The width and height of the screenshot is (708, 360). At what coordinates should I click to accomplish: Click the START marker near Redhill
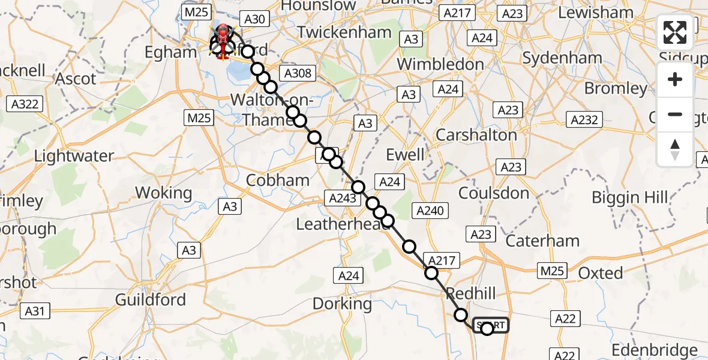click(491, 326)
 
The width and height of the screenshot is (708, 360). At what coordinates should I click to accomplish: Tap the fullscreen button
click(675, 32)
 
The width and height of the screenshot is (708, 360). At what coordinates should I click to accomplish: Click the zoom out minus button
click(675, 114)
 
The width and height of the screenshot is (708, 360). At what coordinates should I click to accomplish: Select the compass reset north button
click(675, 149)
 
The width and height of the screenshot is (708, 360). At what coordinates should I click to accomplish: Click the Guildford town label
click(151, 299)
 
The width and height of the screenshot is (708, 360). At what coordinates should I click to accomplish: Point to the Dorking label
click(342, 304)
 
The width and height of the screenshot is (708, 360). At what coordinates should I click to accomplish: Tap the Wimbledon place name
click(440, 64)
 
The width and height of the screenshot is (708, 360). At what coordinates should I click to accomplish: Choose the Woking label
click(163, 193)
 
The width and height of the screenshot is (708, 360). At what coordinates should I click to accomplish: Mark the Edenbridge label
click(655, 350)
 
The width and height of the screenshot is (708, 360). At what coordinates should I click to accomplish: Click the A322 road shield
click(25, 104)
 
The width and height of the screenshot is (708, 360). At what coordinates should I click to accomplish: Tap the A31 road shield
click(35, 311)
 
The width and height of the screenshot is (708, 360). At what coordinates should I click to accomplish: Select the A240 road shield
click(429, 211)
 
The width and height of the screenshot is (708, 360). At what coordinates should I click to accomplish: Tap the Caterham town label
click(542, 241)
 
